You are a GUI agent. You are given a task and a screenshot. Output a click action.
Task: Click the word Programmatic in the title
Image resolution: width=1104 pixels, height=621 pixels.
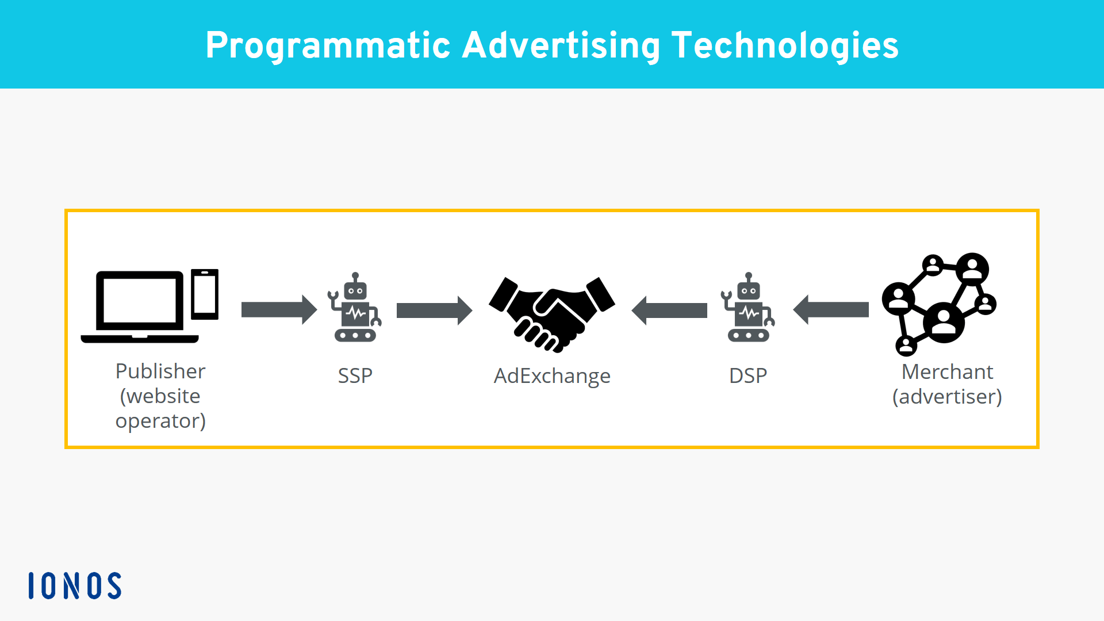(328, 46)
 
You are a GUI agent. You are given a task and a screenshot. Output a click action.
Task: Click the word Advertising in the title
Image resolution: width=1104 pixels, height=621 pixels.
(561, 46)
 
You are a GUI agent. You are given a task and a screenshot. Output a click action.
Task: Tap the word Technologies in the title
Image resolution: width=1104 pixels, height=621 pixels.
(785, 46)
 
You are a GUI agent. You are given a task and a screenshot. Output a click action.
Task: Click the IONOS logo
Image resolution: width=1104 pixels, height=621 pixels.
(75, 585)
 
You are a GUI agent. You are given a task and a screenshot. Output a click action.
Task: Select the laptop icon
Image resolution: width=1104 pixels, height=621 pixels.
(140, 306)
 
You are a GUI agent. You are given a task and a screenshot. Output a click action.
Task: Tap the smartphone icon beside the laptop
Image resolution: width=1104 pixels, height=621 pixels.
(205, 294)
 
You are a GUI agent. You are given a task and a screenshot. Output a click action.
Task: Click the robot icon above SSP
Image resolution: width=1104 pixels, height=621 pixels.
(355, 307)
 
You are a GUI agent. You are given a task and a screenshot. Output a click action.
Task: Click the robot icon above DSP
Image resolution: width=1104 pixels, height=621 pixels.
(748, 307)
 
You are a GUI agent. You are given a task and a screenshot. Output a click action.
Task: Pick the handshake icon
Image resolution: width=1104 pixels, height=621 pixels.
(552, 314)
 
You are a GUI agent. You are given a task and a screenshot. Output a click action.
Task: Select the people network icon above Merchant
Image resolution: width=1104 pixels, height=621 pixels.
(939, 304)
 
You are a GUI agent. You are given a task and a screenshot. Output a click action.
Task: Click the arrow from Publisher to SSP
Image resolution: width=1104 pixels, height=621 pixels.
(279, 310)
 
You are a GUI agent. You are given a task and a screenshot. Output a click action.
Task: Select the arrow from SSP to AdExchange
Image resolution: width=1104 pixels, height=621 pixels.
(435, 310)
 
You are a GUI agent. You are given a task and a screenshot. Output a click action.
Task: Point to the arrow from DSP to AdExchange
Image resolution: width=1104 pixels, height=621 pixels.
(669, 310)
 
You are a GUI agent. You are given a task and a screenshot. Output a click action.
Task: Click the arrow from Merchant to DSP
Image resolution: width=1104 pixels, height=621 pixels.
(831, 310)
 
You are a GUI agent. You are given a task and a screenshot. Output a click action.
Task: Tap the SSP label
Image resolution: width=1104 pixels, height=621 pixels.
(355, 375)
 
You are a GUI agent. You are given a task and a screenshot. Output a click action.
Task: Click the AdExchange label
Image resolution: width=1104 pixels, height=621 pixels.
(552, 377)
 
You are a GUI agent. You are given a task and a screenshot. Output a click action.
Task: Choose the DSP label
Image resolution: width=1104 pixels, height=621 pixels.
(748, 375)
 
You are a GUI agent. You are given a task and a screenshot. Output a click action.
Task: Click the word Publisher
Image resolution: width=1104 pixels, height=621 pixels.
(160, 371)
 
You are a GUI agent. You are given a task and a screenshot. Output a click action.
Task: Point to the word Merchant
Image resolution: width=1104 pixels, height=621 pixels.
(947, 371)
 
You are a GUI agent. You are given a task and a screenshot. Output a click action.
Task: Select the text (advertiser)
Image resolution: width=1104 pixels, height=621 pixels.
(947, 397)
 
